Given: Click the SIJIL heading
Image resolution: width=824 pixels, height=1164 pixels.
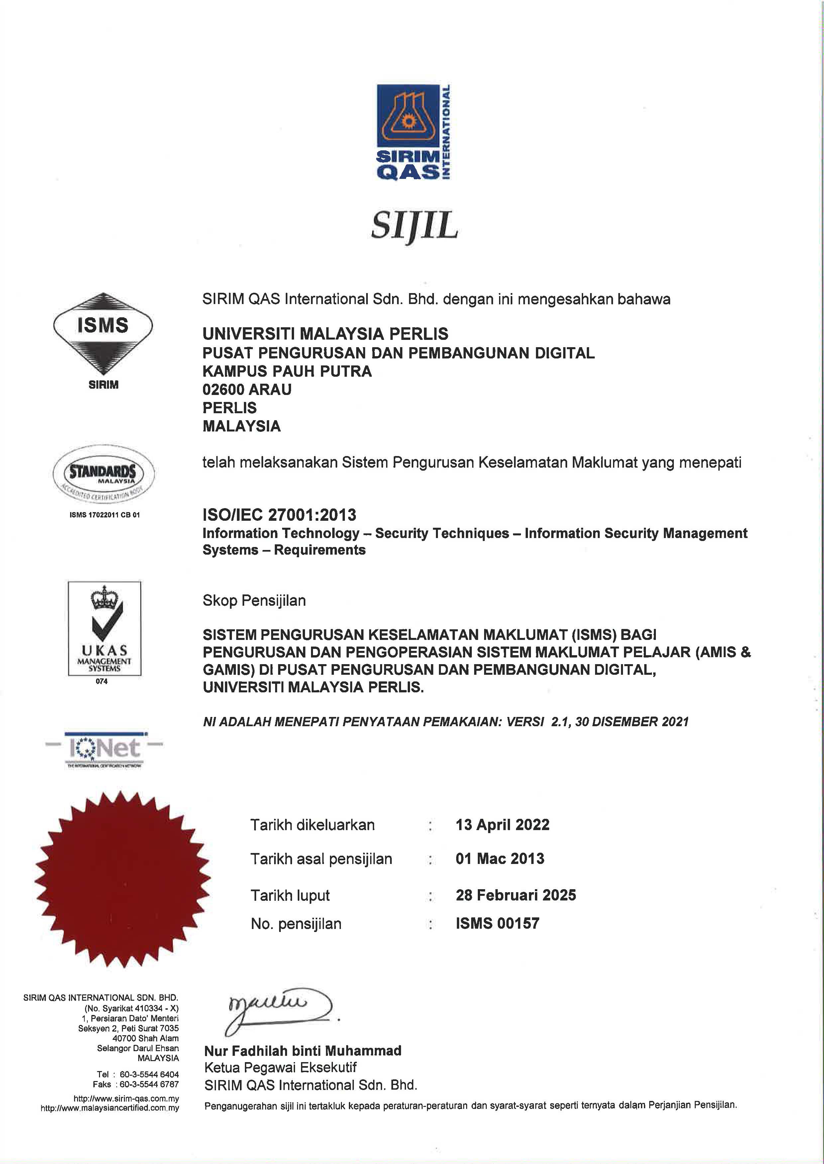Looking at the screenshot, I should pyautogui.click(x=414, y=226).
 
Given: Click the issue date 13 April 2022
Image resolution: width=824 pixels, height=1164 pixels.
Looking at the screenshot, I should pyautogui.click(x=502, y=825).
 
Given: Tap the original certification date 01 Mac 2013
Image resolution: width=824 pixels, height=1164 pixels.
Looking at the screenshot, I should pyautogui.click(x=500, y=859).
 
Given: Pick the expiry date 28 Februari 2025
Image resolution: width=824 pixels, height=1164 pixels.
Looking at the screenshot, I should pyautogui.click(x=516, y=895).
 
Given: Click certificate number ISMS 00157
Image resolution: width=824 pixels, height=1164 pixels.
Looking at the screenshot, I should pyautogui.click(x=497, y=923).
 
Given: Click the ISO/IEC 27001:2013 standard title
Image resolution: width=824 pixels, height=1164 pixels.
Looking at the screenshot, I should pyautogui.click(x=279, y=515).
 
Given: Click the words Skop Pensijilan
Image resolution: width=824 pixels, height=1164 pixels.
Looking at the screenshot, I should pyautogui.click(x=254, y=601).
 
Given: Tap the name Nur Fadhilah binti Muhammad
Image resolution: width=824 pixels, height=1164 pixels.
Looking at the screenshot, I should pyautogui.click(x=303, y=1050).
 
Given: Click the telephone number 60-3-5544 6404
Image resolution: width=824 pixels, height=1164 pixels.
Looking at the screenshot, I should pyautogui.click(x=149, y=1074).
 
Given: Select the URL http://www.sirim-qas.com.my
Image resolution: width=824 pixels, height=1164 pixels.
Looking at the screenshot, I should pyautogui.click(x=126, y=1099).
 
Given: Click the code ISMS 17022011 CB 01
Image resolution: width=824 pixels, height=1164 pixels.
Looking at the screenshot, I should pyautogui.click(x=105, y=514).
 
